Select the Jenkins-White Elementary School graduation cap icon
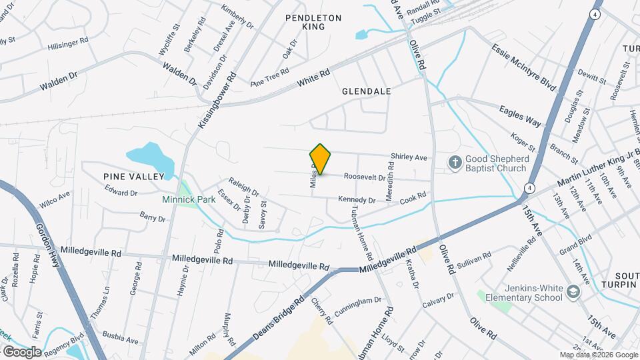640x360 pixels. [572, 292]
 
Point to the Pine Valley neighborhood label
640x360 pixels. [133, 176]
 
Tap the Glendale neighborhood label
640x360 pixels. [366, 91]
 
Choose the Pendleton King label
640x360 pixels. [313, 22]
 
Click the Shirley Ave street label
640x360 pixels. [409, 157]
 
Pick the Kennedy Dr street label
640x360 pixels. [357, 199]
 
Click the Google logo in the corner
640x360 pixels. [22, 351]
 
